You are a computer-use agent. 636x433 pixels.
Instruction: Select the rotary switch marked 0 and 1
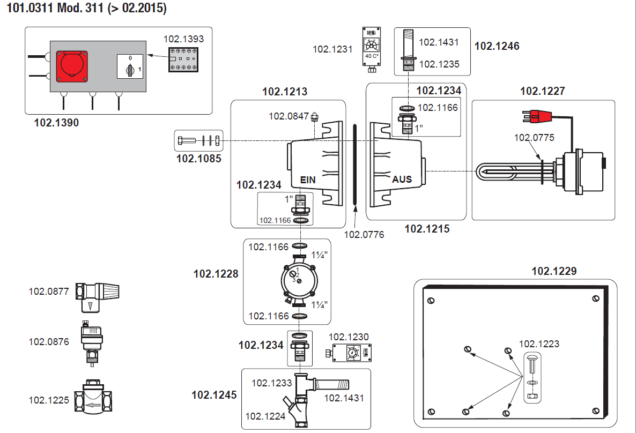[x=129, y=68]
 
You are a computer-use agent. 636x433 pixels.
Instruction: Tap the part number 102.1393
[x=183, y=39]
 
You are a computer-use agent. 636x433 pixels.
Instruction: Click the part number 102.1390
[x=56, y=123]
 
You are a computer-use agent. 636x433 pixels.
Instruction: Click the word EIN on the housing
[x=308, y=180]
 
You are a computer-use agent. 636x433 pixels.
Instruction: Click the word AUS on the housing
[x=402, y=179]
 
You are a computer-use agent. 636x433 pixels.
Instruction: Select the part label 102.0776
[x=364, y=234]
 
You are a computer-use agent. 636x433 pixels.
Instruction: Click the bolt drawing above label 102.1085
[x=198, y=141]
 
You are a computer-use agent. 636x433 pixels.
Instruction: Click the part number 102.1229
[x=554, y=271]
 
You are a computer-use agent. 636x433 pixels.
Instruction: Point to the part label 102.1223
[x=539, y=344]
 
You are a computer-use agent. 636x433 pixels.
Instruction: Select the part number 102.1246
[x=497, y=46]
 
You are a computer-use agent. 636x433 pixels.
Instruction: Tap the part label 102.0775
[x=534, y=138]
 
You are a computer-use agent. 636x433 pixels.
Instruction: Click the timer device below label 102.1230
[x=349, y=354]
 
